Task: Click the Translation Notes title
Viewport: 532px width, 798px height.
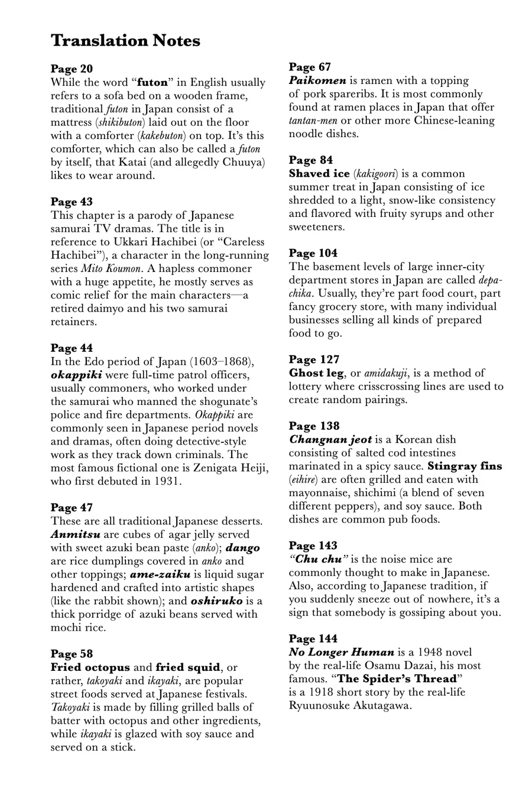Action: [x=125, y=41]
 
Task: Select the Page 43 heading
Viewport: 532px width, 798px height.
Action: [x=72, y=202]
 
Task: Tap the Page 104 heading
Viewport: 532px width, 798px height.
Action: [x=313, y=253]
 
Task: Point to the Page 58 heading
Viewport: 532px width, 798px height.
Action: [x=72, y=653]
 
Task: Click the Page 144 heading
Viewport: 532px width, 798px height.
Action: [x=313, y=638]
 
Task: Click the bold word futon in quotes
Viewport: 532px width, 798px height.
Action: [x=153, y=82]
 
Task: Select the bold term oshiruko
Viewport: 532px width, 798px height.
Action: [x=216, y=601]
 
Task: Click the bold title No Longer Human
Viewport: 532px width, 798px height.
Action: [x=341, y=652]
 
